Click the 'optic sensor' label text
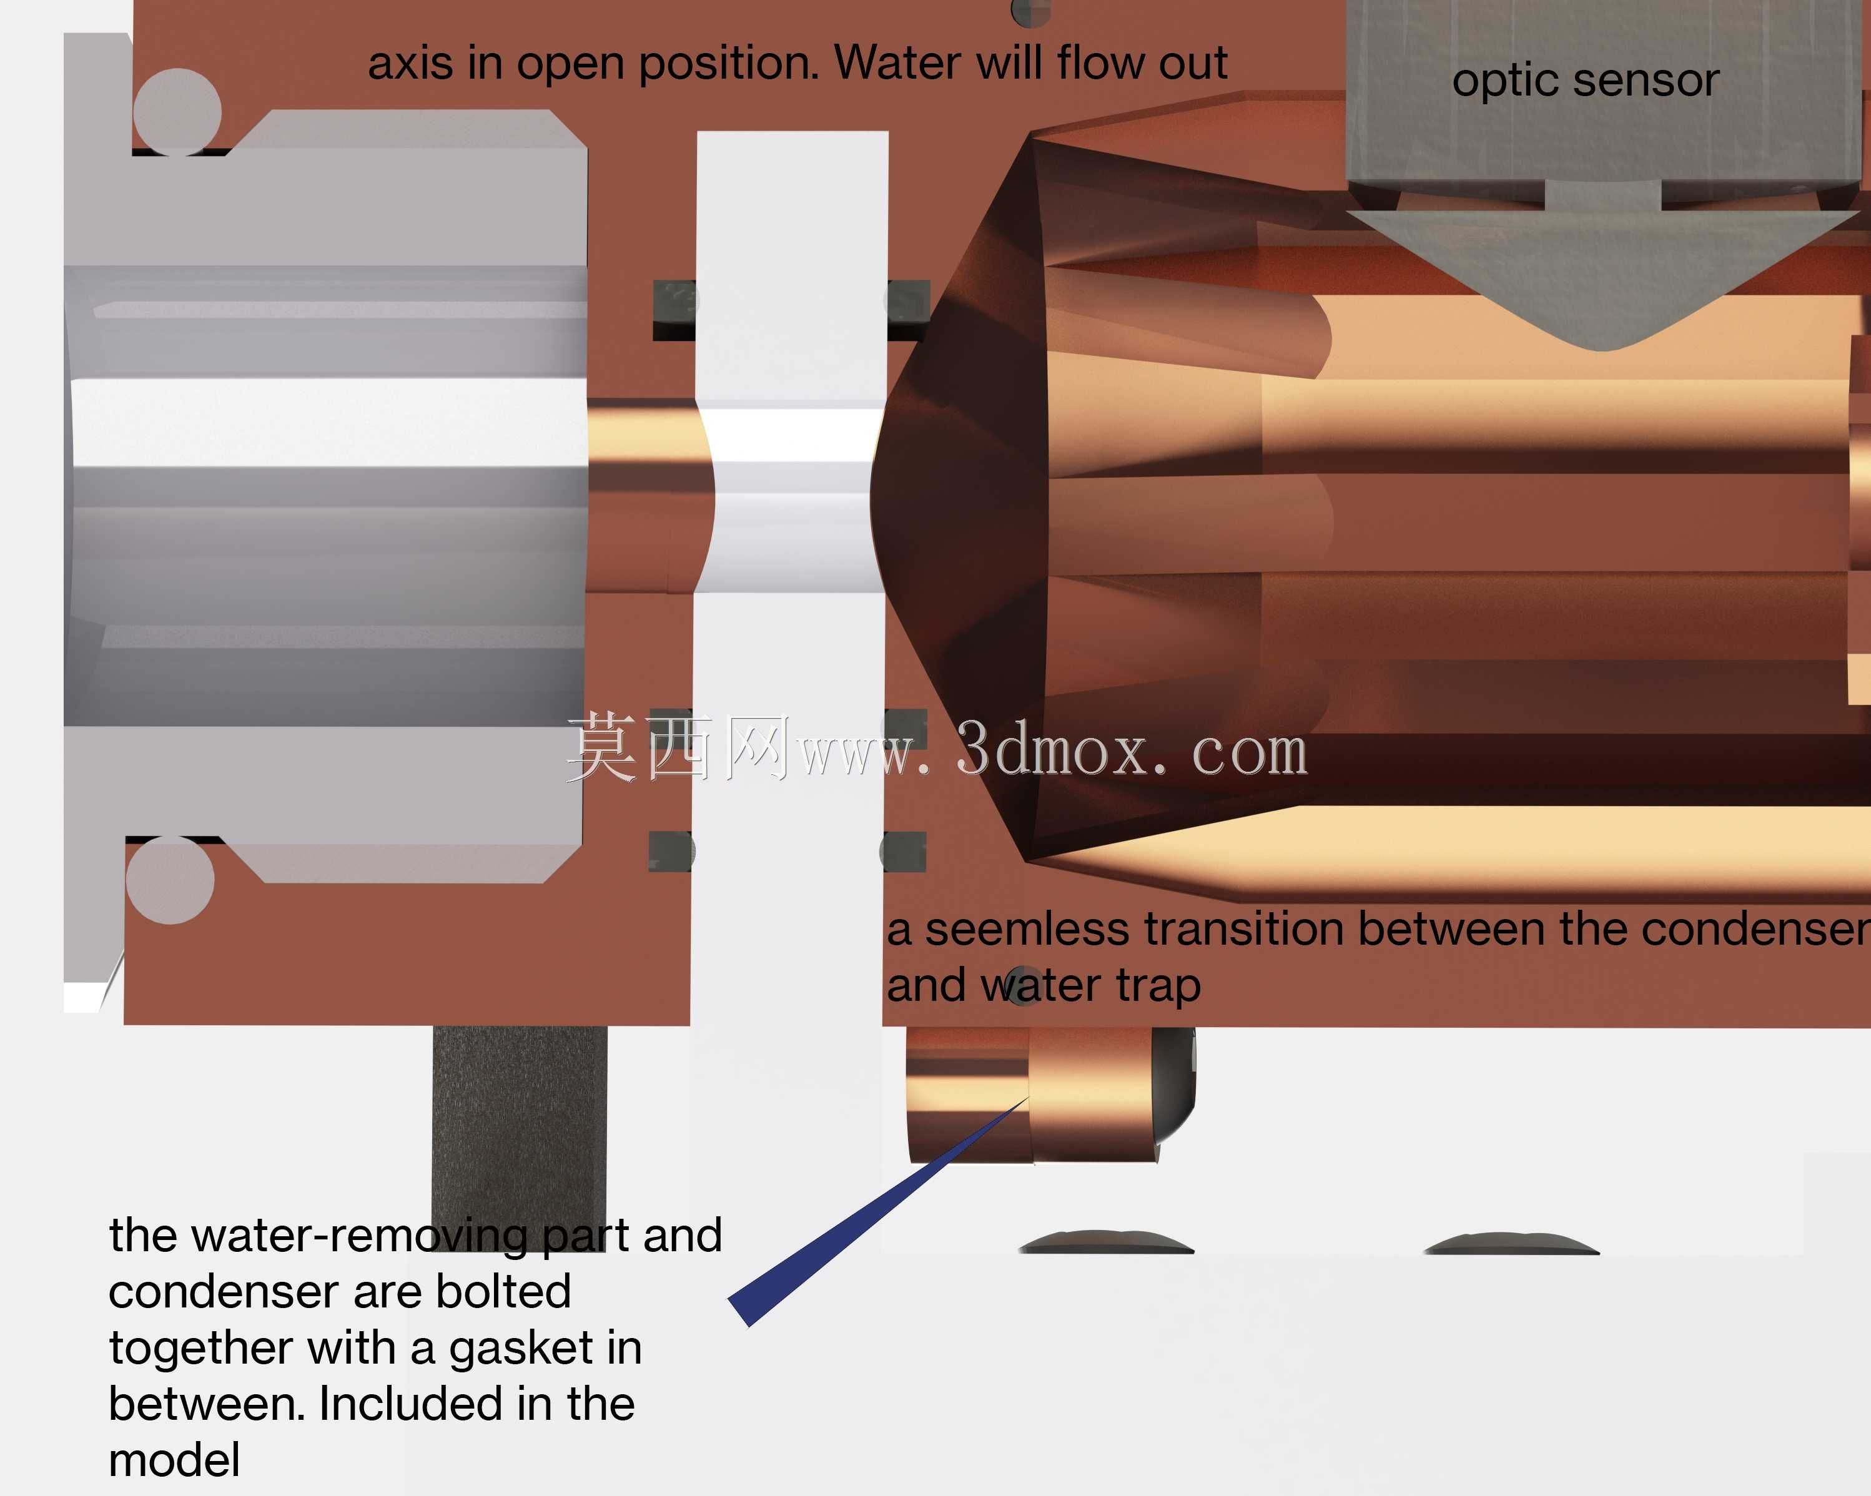click(x=1586, y=81)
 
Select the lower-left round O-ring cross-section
click(x=170, y=880)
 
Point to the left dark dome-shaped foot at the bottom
click(x=1107, y=1243)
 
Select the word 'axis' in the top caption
click(x=410, y=63)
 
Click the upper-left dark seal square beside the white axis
click(x=674, y=310)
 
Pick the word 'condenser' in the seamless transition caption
click(x=1755, y=929)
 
